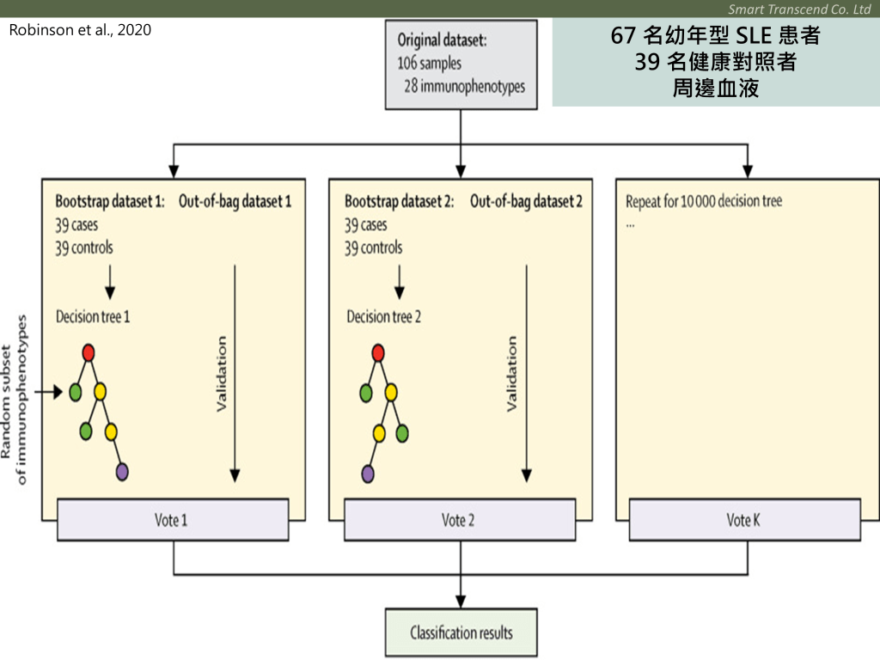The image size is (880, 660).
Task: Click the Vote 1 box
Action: coord(173,519)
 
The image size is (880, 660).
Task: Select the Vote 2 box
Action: coord(460,519)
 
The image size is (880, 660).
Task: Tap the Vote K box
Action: coord(745,519)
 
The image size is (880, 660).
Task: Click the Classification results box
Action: coord(461,632)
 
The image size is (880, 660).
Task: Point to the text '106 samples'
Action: coord(429,63)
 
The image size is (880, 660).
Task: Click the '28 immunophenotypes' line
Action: coord(464,86)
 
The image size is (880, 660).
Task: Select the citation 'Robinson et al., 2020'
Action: coord(80,30)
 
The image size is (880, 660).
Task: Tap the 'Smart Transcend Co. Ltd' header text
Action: coord(799,9)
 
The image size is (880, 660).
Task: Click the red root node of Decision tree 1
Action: coord(88,352)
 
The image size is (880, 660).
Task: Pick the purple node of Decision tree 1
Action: coord(122,471)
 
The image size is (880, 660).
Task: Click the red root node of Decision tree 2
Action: coord(377,352)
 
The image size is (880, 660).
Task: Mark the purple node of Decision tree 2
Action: coord(368,473)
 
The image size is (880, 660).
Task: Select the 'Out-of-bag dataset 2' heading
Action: coord(526,202)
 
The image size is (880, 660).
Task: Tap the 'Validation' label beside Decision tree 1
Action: coord(222,374)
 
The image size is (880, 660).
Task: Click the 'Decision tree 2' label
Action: coord(383,316)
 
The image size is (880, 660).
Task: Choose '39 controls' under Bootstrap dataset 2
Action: coord(373,247)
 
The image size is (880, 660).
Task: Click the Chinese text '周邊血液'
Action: coord(716,88)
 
